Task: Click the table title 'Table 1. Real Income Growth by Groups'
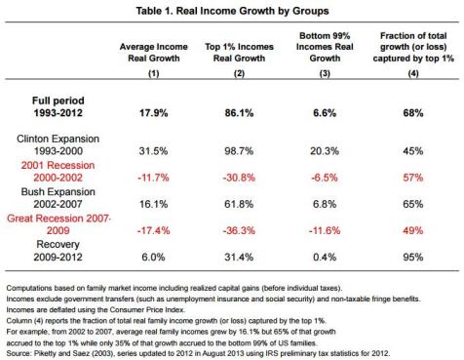[x=232, y=10]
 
